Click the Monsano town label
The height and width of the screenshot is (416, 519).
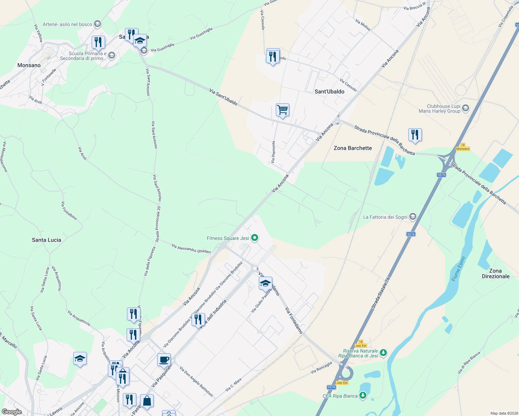[29, 65]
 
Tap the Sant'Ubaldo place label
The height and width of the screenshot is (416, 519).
[329, 92]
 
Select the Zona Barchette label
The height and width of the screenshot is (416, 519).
[352, 148]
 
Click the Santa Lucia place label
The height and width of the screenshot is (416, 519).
[46, 240]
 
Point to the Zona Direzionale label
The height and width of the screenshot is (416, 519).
[495, 274]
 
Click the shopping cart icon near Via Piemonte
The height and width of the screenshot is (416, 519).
[282, 110]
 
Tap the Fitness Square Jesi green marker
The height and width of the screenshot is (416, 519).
[255, 238]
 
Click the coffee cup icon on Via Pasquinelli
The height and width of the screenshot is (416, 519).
[164, 360]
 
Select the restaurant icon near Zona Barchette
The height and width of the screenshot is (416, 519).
[415, 135]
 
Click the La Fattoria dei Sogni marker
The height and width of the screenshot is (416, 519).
[412, 217]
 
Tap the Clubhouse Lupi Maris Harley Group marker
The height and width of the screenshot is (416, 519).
[465, 108]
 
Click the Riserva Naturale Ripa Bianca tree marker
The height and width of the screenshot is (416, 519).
[383, 353]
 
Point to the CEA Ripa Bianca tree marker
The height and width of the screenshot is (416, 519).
[363, 396]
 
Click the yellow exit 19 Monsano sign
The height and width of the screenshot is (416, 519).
[463, 147]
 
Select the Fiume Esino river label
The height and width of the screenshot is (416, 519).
[458, 269]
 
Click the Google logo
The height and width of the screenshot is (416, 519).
[11, 412]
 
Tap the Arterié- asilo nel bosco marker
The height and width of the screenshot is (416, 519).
[97, 24]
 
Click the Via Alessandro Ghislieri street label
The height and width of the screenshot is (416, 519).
[191, 249]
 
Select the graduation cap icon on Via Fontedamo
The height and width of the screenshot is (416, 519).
[265, 283]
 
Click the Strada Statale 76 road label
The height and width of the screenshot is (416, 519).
[380, 293]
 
